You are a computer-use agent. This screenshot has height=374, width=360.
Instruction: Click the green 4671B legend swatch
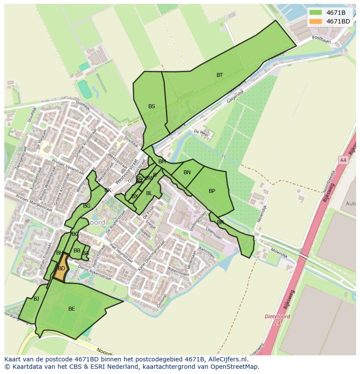click(x=316, y=13)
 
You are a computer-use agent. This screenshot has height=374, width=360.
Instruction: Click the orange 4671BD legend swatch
click(x=316, y=21)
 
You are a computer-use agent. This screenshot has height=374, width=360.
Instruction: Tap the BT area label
click(x=220, y=75)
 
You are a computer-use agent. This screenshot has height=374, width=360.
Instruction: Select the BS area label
click(x=151, y=106)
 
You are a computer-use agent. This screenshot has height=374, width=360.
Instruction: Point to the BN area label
click(x=187, y=172)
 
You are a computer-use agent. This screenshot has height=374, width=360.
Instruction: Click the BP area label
click(x=212, y=191)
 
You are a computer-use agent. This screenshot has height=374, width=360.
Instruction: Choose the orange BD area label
click(x=61, y=268)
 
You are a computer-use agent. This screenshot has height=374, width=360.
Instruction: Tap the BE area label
click(x=71, y=309)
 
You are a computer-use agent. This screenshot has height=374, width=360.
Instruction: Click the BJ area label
click(x=36, y=299)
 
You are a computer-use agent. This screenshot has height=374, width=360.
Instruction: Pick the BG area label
click(x=87, y=206)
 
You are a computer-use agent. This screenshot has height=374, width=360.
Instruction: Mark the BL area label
click(x=149, y=193)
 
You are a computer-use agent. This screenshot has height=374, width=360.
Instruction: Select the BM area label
click(x=162, y=162)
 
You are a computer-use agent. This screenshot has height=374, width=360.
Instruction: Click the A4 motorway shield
click(x=343, y=160)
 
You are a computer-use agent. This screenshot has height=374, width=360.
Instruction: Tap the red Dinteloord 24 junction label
click(x=277, y=319)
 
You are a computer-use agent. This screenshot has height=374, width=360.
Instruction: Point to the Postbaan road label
click(x=322, y=40)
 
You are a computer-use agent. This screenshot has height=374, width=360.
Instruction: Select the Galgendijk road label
click(x=235, y=96)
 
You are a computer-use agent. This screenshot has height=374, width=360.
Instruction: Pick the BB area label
click(x=77, y=251)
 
